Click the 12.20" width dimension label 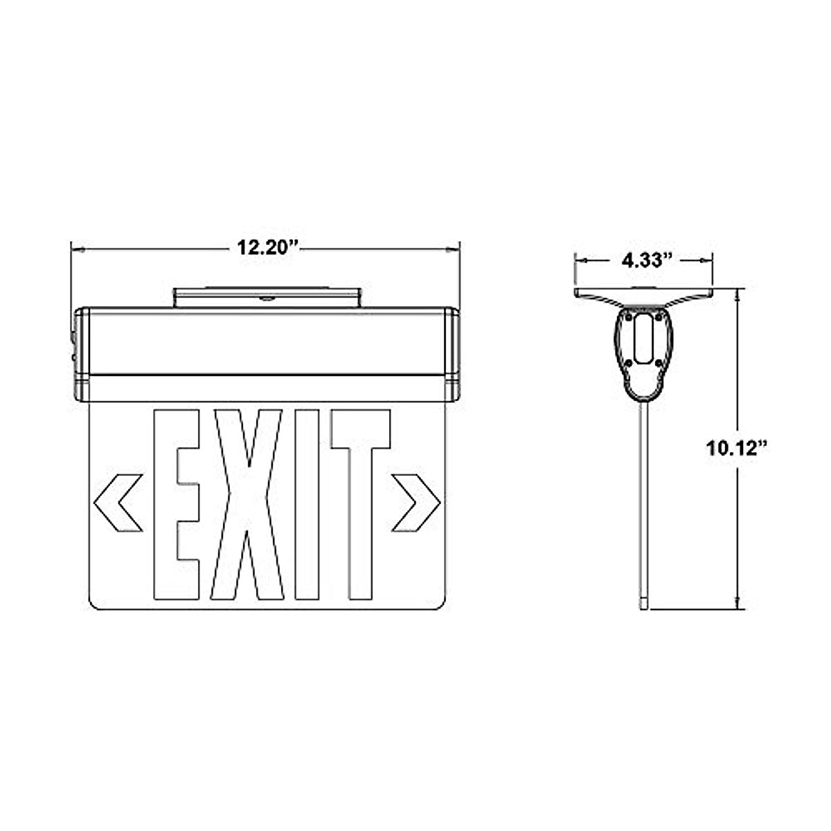[267, 248]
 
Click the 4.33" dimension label [646, 260]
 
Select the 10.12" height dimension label [738, 447]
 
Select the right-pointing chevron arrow [415, 503]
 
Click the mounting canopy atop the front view [267, 298]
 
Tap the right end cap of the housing [453, 355]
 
